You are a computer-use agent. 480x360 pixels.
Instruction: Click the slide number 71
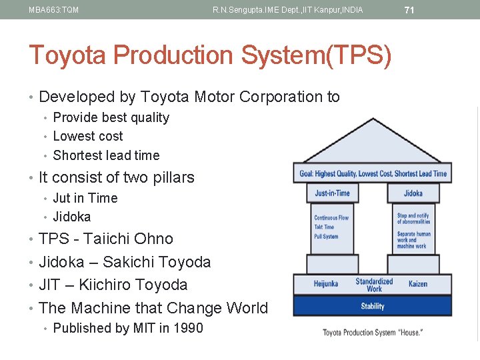click(409, 10)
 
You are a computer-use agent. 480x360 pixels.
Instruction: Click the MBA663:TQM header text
click(54, 10)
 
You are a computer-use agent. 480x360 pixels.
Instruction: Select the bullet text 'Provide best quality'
click(111, 117)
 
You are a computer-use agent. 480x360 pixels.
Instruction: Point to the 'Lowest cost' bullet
click(88, 136)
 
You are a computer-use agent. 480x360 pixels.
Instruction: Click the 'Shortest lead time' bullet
click(106, 155)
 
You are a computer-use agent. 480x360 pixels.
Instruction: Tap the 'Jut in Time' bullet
click(85, 198)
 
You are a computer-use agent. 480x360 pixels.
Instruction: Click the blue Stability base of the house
click(372, 306)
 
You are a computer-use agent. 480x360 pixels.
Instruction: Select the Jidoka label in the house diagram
click(413, 193)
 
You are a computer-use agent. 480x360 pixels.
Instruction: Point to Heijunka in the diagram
click(327, 284)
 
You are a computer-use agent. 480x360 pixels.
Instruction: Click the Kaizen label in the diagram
click(418, 284)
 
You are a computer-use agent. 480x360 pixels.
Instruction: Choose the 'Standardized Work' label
click(374, 285)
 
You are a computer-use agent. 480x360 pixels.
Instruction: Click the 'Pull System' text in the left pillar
click(327, 237)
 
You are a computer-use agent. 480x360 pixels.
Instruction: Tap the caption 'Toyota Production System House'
click(372, 332)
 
